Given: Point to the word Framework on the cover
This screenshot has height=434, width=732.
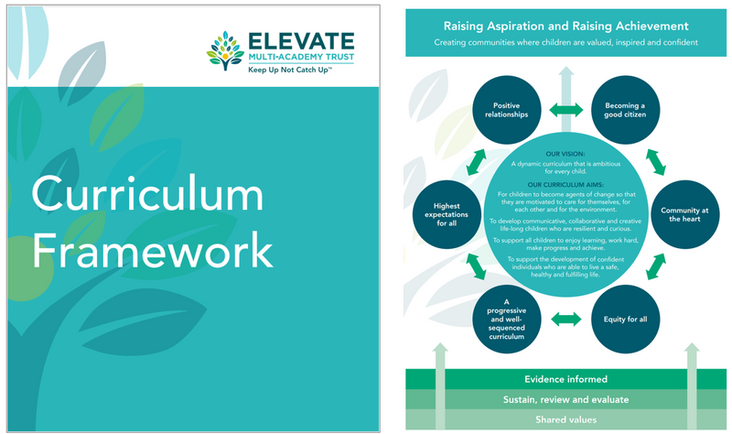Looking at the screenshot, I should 152,250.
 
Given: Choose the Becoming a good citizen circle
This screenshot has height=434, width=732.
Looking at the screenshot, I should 624,111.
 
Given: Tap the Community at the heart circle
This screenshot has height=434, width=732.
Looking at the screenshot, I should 680,215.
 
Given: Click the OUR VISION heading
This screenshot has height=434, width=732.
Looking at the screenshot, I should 565,154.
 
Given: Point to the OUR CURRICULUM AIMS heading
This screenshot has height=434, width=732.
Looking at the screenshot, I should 565,183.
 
